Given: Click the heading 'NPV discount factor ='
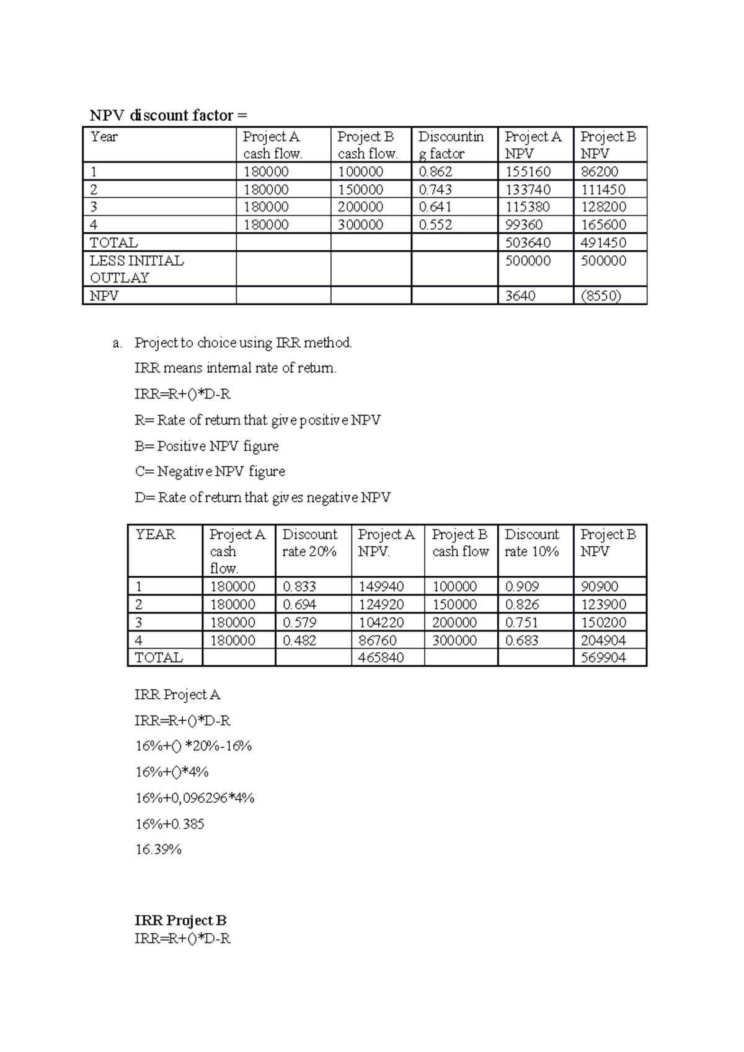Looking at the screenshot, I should point(168,115).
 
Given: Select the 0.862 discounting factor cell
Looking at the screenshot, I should point(435,172).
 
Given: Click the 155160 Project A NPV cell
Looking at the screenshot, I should point(528,172).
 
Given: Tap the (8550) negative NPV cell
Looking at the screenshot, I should point(601,296).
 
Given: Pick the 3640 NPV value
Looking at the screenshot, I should point(520,296).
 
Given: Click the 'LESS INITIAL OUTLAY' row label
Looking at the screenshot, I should point(136,269).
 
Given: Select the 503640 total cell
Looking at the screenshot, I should point(528,242).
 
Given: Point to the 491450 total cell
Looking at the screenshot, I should point(603,242).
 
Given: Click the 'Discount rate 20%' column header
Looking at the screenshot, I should point(310,543).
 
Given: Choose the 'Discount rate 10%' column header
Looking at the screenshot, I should point(532,543).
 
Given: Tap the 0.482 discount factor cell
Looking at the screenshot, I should point(299,640).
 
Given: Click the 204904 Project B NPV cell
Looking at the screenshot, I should point(603,640).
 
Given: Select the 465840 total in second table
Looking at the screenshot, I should point(381,657).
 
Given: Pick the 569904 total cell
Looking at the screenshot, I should point(603,657).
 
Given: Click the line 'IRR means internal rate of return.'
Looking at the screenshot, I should point(236,368).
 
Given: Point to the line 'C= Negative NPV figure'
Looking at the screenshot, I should point(210,471).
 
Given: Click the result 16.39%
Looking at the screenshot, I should point(158,849).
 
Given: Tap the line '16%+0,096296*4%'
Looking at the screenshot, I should point(195,798).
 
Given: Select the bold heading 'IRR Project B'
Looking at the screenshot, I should point(180,920).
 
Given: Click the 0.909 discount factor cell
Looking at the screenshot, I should point(522,586).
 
